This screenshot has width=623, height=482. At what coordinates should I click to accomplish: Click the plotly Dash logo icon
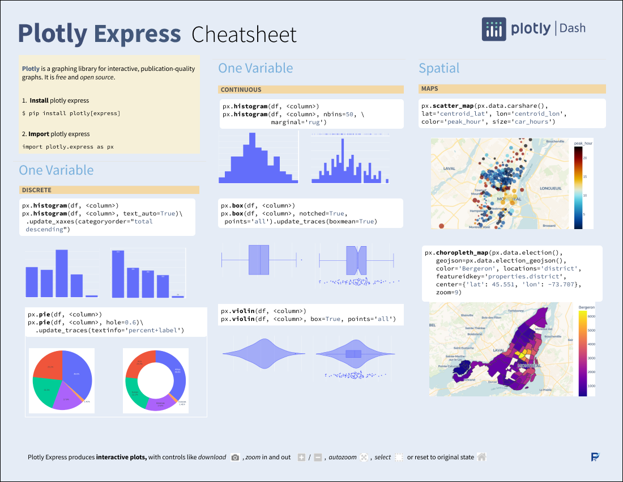click(x=494, y=29)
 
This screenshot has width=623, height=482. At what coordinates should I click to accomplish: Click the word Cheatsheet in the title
click(x=244, y=35)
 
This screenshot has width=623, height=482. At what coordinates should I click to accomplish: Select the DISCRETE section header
click(x=37, y=190)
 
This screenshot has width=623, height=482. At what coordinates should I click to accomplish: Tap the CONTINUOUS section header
click(x=241, y=90)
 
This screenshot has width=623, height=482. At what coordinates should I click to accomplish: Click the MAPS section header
click(x=430, y=89)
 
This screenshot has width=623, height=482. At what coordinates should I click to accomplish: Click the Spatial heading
click(x=439, y=68)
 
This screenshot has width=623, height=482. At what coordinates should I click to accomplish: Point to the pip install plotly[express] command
click(x=71, y=113)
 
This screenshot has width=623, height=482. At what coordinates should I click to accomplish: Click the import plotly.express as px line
click(x=68, y=147)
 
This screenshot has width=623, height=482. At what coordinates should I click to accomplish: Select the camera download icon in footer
click(x=235, y=457)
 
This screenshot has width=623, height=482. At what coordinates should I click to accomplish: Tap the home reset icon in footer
click(x=481, y=457)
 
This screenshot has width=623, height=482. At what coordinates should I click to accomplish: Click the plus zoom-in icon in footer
click(x=301, y=457)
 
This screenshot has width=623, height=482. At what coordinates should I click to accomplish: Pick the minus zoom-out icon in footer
click(x=318, y=457)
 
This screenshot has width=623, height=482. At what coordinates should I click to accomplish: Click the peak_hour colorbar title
click(x=583, y=143)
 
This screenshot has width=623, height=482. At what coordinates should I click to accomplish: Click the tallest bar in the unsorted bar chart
click(x=62, y=273)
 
